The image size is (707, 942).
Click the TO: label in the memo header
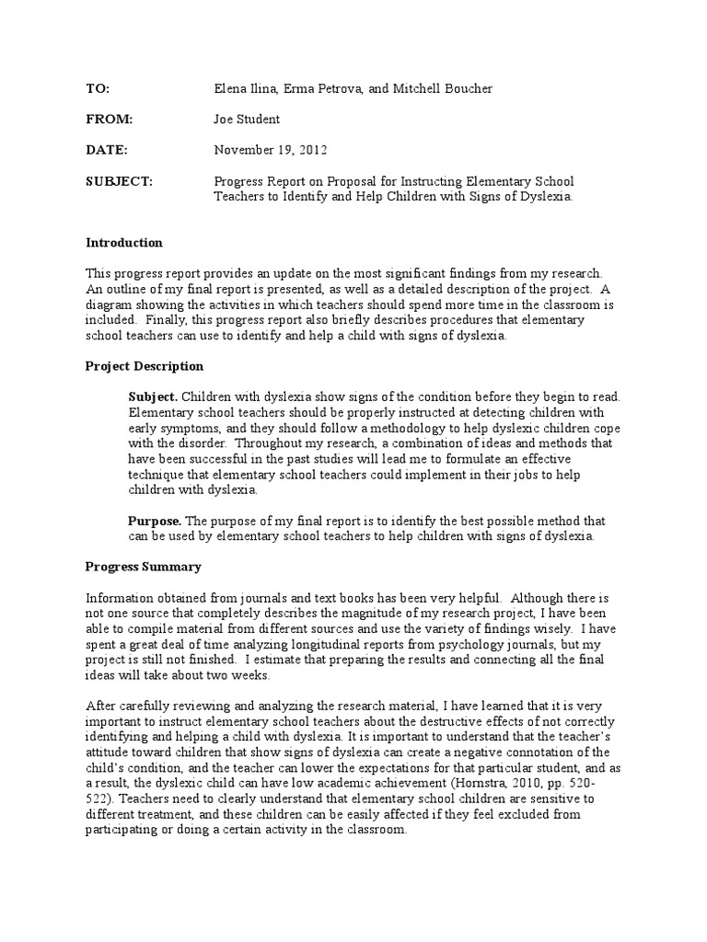[x=98, y=88]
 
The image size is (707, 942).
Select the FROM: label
[x=109, y=119]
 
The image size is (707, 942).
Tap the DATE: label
[x=107, y=149]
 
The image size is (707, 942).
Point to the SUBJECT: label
[x=120, y=180]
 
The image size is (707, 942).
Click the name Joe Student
[x=248, y=119]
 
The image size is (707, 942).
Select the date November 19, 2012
[x=270, y=149]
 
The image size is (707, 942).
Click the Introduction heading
[x=124, y=243]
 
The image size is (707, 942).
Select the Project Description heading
[x=145, y=366]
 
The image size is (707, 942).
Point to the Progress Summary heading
[x=143, y=567]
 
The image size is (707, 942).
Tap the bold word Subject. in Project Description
[x=153, y=396]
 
